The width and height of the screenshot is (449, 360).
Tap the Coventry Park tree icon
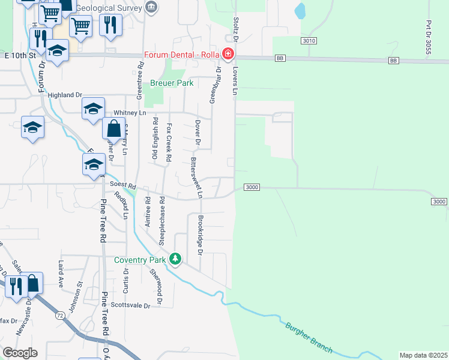coord(175,259)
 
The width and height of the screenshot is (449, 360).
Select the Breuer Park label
coord(172,83)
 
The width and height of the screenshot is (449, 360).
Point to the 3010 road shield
coord(309,40)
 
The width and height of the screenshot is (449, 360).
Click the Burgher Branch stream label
coord(309,336)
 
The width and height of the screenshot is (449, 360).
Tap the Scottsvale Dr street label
coord(131,305)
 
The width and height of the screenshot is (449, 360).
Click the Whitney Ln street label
coord(130,113)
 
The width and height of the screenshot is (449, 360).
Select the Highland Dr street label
coord(64,95)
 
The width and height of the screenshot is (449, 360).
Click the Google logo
coord(20,352)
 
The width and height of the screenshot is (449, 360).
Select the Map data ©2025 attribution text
coord(423,355)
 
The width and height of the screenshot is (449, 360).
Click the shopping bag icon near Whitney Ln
coord(113,129)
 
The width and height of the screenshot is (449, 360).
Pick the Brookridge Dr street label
coord(200,233)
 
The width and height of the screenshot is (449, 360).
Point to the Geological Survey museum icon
coord(151,8)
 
